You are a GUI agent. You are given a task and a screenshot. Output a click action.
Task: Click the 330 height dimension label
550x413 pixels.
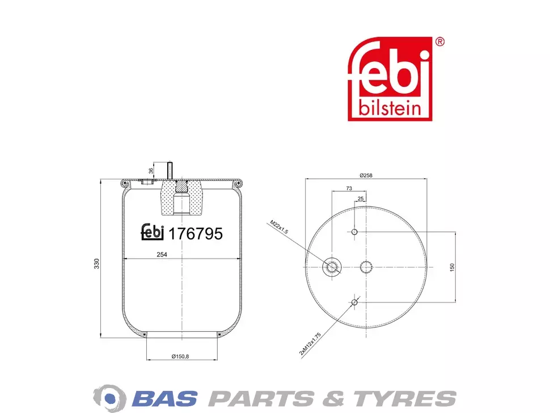coord(97,264)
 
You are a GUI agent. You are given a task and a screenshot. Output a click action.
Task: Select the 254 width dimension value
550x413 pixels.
coord(162,255)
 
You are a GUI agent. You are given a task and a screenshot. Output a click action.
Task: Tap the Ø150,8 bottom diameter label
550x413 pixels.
coord(180,356)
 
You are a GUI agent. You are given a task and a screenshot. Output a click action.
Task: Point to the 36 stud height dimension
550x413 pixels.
coord(151,171)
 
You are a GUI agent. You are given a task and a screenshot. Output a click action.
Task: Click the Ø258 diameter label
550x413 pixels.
coord(366,175)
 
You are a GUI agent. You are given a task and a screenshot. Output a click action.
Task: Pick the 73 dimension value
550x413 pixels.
coord(349,188)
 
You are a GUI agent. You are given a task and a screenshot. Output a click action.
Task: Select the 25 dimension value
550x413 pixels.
coord(361,199)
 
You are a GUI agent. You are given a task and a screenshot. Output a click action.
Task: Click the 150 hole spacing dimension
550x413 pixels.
coord(452,267)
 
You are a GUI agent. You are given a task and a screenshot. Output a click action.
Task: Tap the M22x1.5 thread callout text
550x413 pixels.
coord(279,227)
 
